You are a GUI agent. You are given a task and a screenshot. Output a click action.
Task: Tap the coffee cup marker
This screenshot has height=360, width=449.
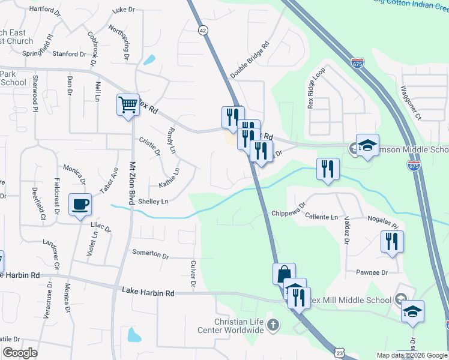tap(80, 205)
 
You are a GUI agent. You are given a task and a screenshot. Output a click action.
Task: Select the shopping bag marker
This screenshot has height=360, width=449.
tap(284, 274)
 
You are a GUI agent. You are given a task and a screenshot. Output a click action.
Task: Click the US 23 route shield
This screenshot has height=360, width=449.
tap(339, 355)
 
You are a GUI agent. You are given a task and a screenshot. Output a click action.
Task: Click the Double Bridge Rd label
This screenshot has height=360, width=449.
tap(250, 60)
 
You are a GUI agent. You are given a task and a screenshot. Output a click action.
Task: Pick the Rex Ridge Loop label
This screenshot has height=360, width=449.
tap(316, 88)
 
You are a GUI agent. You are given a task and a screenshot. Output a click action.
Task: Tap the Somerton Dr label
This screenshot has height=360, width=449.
tap(150, 254)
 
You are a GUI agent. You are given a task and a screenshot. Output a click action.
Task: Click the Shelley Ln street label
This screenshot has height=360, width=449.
tap(153, 202)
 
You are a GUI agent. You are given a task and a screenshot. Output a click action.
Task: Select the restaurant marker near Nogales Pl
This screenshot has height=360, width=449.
tap(392, 242)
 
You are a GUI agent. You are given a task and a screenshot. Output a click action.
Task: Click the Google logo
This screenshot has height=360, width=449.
tap(20, 352)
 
